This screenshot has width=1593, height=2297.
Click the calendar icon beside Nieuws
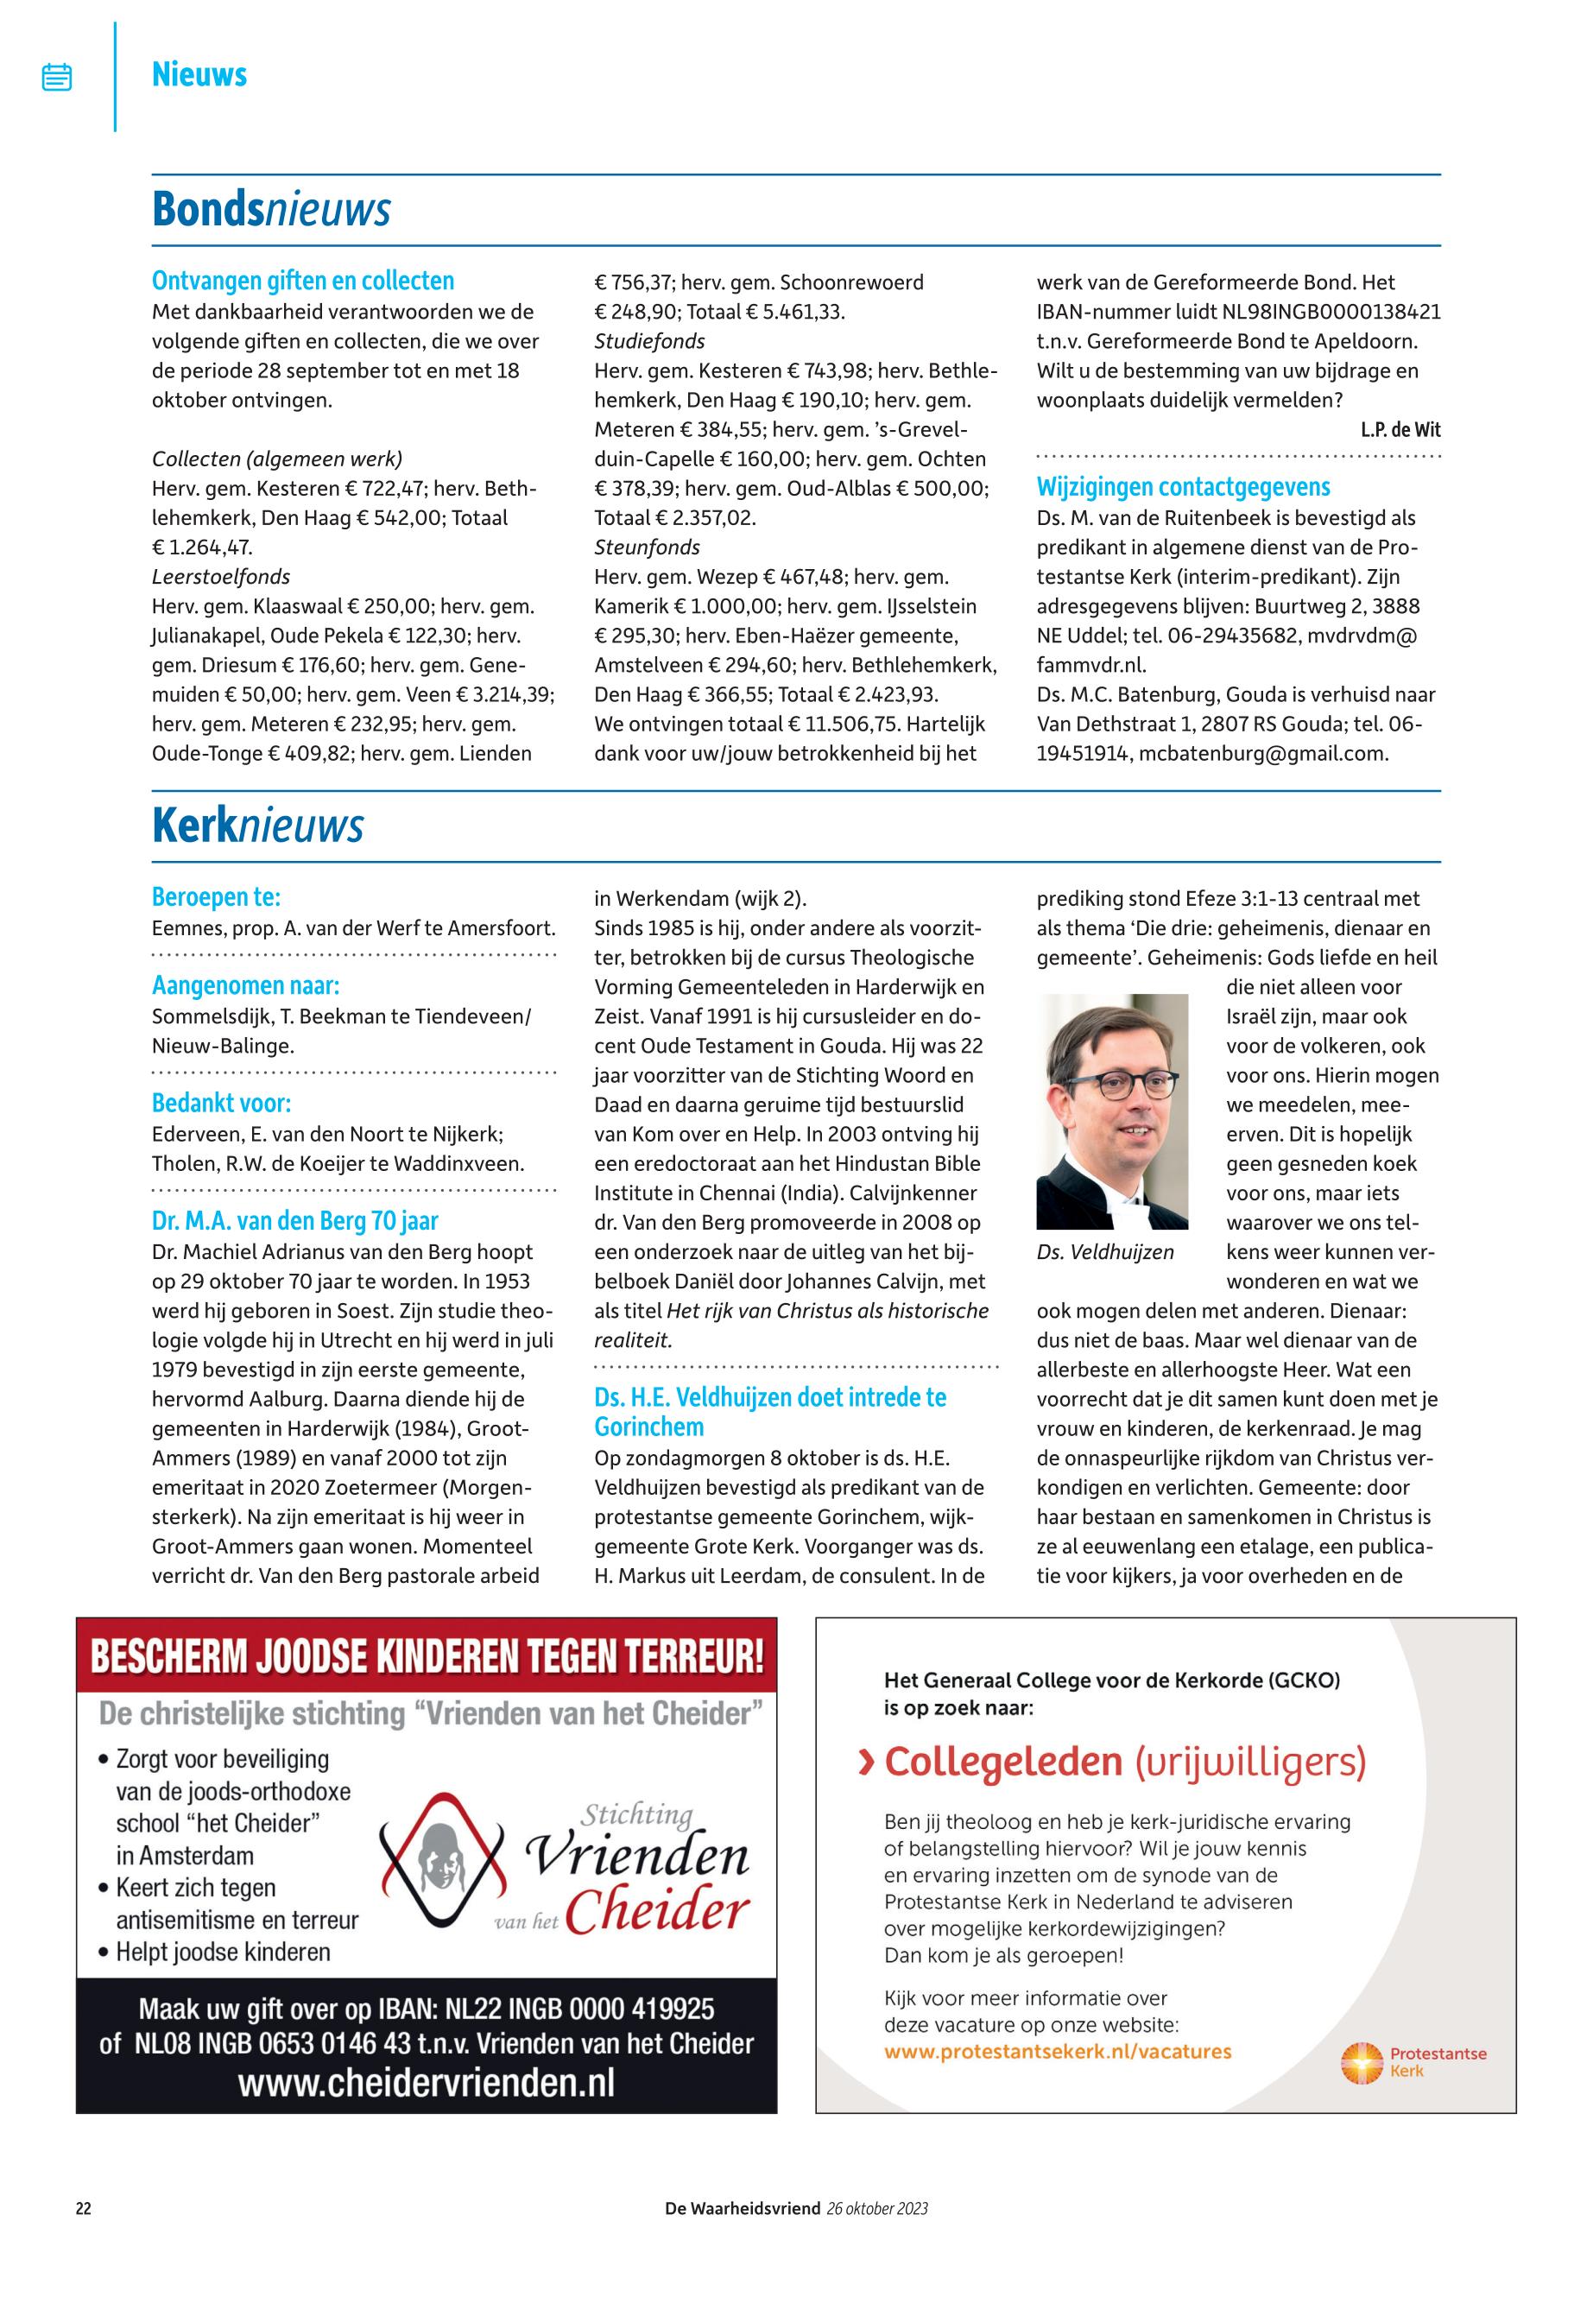(x=57, y=77)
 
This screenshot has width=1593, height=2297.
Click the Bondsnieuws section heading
(x=270, y=210)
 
